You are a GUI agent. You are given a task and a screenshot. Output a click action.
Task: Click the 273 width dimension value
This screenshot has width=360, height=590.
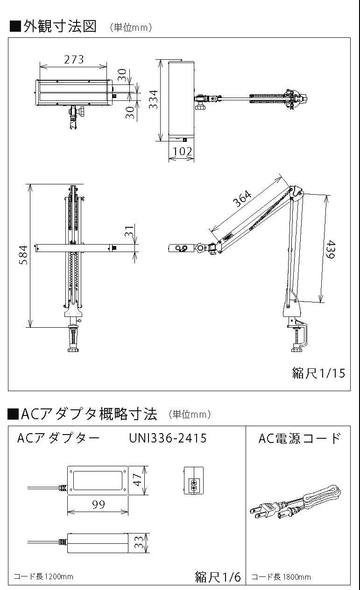(x=74, y=60)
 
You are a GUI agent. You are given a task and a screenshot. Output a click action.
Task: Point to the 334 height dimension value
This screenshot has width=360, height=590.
(x=153, y=99)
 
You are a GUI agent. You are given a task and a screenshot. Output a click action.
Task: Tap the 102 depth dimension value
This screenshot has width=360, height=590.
(x=182, y=151)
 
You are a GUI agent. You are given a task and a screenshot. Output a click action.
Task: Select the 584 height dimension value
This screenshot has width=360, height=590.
(x=23, y=255)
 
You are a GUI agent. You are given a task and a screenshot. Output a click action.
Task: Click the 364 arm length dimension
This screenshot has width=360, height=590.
(x=242, y=198)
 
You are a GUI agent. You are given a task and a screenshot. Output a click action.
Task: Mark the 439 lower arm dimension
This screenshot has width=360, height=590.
(x=331, y=249)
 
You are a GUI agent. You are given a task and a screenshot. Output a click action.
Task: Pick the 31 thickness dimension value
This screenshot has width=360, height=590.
(x=129, y=232)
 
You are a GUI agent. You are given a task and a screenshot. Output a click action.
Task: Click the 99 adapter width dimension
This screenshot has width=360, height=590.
(x=99, y=505)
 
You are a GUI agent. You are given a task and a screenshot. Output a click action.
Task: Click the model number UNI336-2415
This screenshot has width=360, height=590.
(x=168, y=438)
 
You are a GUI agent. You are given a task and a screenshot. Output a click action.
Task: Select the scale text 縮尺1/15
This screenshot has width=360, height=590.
(x=318, y=373)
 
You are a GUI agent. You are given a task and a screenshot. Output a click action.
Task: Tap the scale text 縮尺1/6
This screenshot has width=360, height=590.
(x=218, y=576)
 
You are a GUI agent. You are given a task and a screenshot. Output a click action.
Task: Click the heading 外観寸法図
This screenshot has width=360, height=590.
(x=60, y=26)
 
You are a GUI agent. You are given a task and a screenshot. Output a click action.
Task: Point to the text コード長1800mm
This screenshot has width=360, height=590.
(x=281, y=577)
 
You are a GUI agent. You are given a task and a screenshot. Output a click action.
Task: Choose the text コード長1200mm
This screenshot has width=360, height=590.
(x=43, y=576)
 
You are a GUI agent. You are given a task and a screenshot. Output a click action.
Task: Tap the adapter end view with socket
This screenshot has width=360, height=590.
(x=193, y=480)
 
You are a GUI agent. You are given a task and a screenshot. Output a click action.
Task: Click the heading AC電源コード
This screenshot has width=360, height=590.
(x=299, y=438)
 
